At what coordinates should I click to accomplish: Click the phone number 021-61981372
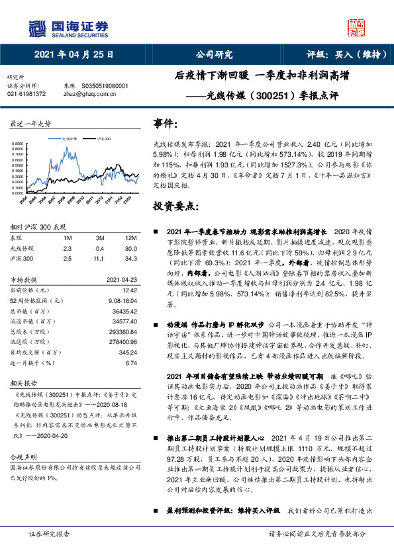[26, 94]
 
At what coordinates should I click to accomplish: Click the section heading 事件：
[166, 125]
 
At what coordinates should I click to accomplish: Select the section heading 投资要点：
[175, 206]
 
